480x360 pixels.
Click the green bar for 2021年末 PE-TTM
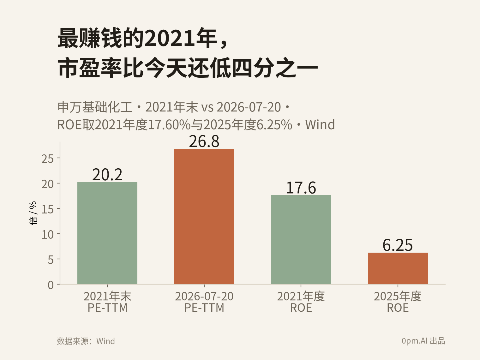click(x=107, y=233)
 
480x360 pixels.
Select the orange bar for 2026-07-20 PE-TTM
click(x=204, y=216)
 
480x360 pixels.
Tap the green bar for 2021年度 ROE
click(x=301, y=240)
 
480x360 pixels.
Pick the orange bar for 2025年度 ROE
click(x=398, y=268)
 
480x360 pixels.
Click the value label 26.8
click(x=204, y=141)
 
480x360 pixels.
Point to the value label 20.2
click(x=107, y=175)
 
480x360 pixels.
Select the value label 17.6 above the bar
click(x=301, y=188)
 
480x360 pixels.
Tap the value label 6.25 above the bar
click(x=398, y=245)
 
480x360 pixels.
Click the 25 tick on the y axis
click(x=47, y=159)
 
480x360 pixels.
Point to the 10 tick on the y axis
click(x=47, y=235)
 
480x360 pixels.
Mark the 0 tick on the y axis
click(x=51, y=285)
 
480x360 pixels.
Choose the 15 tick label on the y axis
click(x=47, y=209)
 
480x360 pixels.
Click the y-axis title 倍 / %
click(x=33, y=213)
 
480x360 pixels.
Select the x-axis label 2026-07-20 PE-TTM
click(x=204, y=302)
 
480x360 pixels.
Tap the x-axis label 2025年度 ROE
click(x=398, y=302)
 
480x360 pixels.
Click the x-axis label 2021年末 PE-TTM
click(x=107, y=302)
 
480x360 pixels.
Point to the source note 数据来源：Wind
click(x=86, y=341)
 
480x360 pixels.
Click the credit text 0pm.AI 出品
click(x=423, y=341)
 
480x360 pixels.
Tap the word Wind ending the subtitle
click(x=320, y=124)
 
